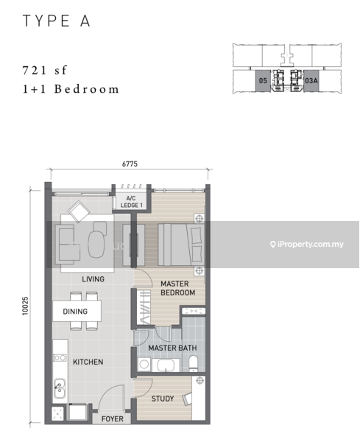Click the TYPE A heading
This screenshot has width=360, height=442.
(57, 21)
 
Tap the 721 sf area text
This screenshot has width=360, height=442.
(44, 70)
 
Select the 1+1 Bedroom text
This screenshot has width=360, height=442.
(71, 89)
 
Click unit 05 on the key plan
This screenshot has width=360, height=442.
(263, 80)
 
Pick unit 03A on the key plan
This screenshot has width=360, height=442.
(311, 80)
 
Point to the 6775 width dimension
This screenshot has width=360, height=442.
(130, 164)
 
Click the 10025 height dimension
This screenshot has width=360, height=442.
(25, 306)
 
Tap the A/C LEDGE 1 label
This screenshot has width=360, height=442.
(131, 202)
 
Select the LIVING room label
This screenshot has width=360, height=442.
(93, 279)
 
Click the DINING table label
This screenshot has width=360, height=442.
(75, 311)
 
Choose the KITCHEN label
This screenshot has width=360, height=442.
(88, 362)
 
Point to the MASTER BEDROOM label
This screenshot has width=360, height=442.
(177, 288)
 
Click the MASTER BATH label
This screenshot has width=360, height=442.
(172, 348)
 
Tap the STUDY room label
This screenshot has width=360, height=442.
(163, 399)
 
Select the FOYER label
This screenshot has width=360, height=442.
(113, 419)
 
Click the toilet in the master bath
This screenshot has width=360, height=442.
(194, 363)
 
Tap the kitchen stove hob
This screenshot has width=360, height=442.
(60, 358)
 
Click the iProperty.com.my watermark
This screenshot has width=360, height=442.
(307, 244)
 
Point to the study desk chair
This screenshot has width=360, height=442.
(187, 399)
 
